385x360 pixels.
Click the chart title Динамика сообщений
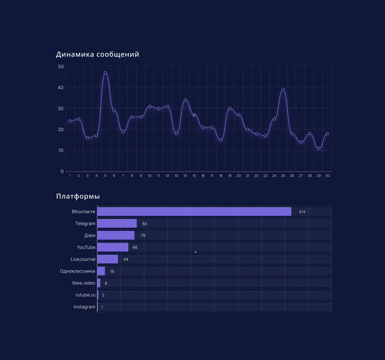tap(98, 54)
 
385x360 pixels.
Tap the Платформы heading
tap(78, 196)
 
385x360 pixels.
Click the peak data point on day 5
tap(105, 73)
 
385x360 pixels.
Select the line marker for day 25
tap(283, 89)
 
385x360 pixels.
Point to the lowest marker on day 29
tap(319, 148)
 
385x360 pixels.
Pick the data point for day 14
tap(185, 100)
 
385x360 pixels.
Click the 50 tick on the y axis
tap(61, 66)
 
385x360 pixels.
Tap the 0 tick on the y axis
tap(62, 171)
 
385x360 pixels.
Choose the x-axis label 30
tap(327, 176)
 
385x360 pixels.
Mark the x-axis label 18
tap(221, 176)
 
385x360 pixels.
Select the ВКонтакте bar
tap(194, 212)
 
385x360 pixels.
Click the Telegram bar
tap(117, 224)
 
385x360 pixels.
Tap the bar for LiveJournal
tap(108, 259)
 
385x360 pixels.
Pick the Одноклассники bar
tap(101, 271)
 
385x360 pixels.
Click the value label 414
tap(302, 212)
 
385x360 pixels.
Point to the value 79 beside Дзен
tap(143, 236)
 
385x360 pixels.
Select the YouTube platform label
tap(86, 247)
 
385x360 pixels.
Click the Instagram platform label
tap(84, 307)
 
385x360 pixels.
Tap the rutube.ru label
tap(86, 295)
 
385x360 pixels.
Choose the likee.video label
tap(84, 283)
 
